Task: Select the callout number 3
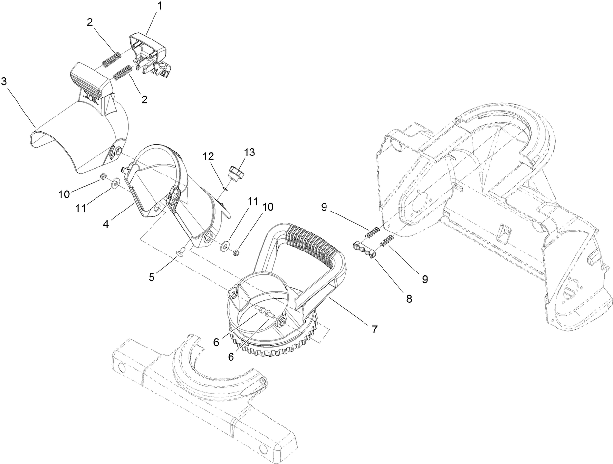pyautogui.click(x=4, y=81)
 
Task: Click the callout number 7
pyautogui.click(x=374, y=329)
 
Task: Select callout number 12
pyautogui.click(x=209, y=156)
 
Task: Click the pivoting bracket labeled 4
pyautogui.click(x=166, y=195)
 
